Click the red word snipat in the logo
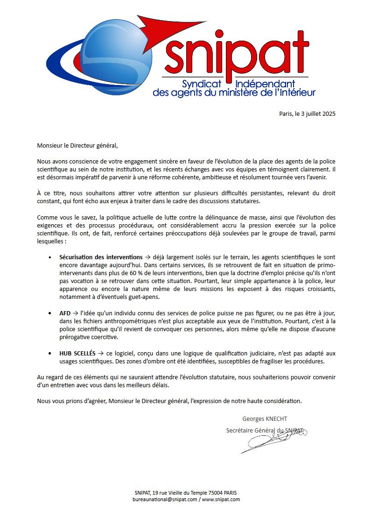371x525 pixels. pos(237,54)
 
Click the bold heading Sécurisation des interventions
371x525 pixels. pos(101,257)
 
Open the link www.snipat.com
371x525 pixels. pos(221,499)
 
